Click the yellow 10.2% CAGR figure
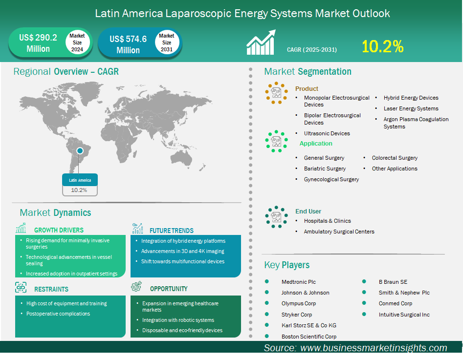382,46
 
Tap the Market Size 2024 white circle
77,42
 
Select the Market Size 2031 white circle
167,42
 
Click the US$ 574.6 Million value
128,44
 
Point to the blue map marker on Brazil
80,151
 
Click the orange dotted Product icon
276,93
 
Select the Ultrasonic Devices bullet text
327,133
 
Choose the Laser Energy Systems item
411,108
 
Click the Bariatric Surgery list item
325,169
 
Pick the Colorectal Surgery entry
395,158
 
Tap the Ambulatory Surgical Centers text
339,232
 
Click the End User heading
309,212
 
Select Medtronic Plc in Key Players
299,282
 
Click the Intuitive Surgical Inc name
404,315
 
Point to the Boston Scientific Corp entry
309,337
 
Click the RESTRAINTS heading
51,289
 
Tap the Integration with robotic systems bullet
178,320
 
